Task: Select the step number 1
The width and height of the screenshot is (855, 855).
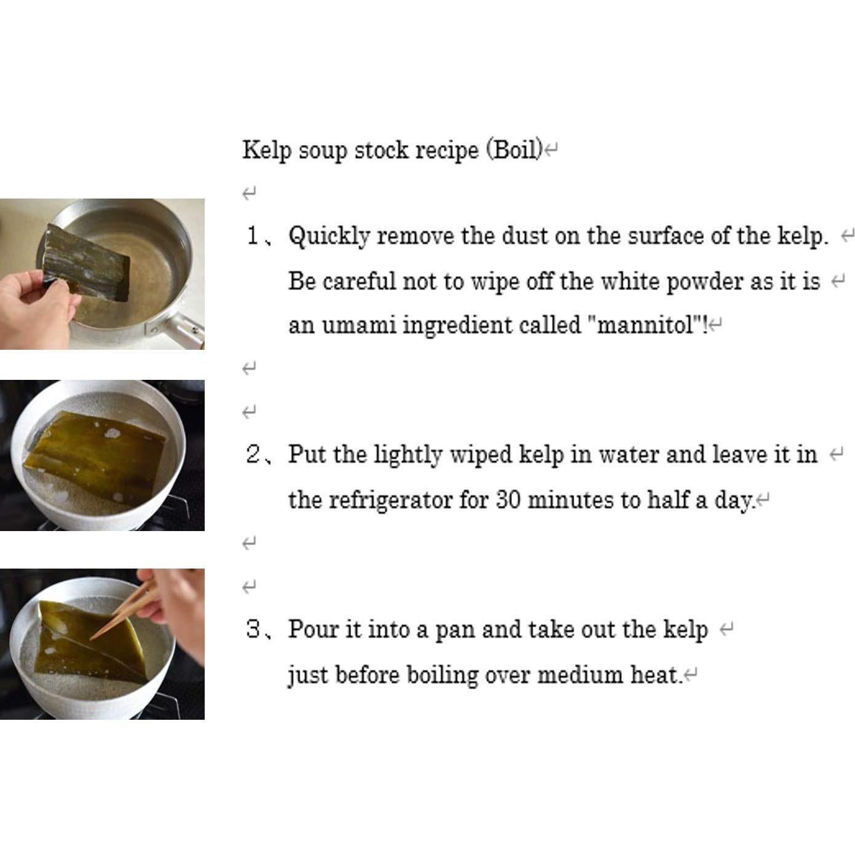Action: click(253, 235)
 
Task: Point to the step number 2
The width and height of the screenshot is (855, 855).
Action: click(254, 455)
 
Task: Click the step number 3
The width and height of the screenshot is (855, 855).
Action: click(254, 629)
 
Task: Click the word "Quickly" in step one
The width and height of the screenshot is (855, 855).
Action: click(329, 237)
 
